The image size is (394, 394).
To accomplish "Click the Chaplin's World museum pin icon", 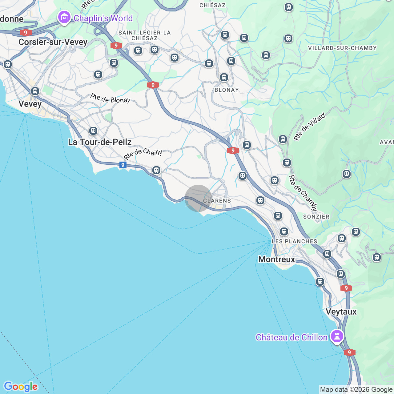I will (x=64, y=18).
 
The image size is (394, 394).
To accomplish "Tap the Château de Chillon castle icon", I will (x=337, y=336).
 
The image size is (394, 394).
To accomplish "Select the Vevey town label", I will (x=30, y=104).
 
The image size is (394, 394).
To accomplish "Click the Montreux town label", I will (x=277, y=259).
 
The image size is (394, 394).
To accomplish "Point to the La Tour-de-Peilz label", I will (x=100, y=142).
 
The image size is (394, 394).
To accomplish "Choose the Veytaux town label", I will (x=341, y=312).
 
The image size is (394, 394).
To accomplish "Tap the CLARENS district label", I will (x=217, y=201).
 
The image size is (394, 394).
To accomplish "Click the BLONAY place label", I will (x=227, y=90).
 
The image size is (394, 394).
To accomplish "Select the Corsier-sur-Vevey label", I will (x=53, y=42).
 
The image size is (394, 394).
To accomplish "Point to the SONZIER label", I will (x=316, y=217).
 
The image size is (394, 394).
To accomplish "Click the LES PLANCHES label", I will (x=294, y=241).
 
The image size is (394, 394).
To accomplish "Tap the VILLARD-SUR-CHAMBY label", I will (x=342, y=48).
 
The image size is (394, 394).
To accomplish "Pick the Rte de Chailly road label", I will (x=143, y=153).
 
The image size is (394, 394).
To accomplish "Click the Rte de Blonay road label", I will (x=110, y=99).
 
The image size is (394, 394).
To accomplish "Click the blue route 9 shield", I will (x=123, y=165).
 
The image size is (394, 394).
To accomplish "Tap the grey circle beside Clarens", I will (x=198, y=198).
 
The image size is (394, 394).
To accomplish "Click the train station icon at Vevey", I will (x=35, y=91).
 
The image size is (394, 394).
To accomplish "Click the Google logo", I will (x=21, y=387).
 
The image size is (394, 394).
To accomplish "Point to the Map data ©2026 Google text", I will (x=356, y=390).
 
